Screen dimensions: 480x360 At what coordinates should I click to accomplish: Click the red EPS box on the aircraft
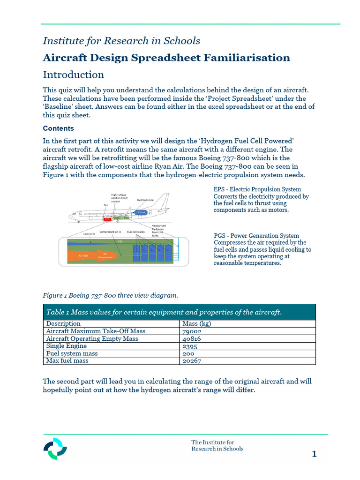click(x=107, y=219)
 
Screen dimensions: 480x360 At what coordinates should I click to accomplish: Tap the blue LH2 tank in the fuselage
click(x=140, y=212)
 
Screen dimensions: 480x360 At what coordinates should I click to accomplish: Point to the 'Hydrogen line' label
click(x=145, y=200)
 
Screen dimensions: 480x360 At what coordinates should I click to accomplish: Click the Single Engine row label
click(x=66, y=346)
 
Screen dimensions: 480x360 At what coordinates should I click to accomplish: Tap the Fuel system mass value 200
click(x=187, y=353)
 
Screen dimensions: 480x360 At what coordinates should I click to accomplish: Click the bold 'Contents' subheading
click(x=58, y=128)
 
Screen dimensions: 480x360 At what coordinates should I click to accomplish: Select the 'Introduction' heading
click(x=74, y=75)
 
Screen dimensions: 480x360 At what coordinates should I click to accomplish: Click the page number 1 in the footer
click(x=314, y=454)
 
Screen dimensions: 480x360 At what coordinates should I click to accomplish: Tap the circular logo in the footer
click(x=55, y=449)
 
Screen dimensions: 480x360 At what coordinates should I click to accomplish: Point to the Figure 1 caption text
click(x=110, y=295)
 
